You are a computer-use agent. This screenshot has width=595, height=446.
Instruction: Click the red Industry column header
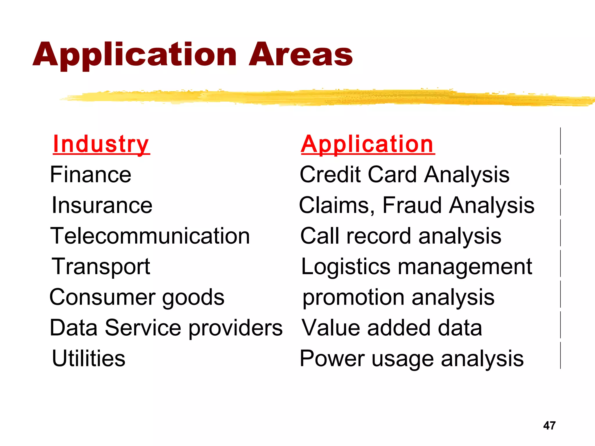101,144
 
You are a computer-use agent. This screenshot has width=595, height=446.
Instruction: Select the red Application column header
368,144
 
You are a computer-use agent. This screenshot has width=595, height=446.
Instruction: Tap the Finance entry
91,175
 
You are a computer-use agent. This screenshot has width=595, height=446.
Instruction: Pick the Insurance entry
102,205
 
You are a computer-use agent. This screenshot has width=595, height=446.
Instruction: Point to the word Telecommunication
150,236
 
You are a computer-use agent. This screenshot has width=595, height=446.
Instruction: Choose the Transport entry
101,267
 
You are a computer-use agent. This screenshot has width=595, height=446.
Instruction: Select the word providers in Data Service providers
236,328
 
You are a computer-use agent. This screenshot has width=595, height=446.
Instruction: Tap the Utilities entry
89,359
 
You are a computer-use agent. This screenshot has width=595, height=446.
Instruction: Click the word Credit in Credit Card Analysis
330,175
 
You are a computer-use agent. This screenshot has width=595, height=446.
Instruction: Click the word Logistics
346,267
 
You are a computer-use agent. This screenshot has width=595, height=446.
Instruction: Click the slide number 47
549,426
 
